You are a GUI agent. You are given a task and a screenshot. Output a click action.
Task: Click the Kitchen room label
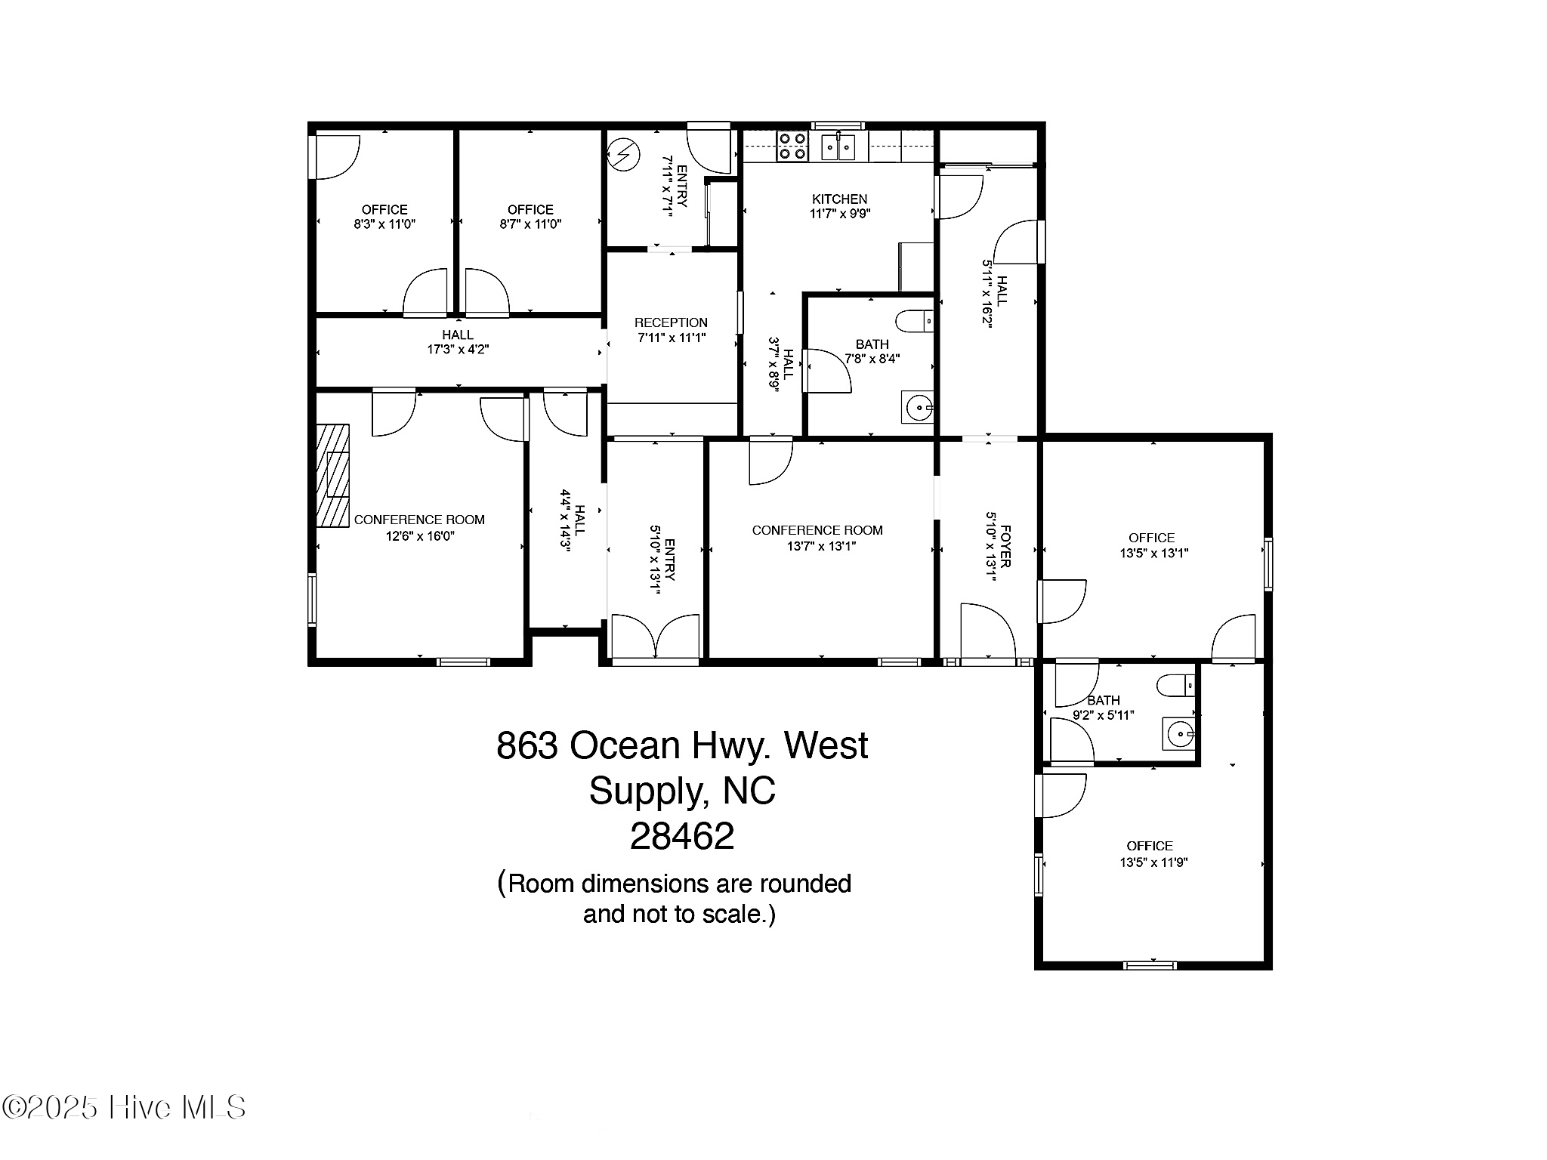click(x=839, y=199)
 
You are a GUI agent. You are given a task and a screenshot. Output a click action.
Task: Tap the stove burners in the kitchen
click(x=792, y=146)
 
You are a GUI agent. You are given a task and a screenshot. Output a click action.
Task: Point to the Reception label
click(x=671, y=323)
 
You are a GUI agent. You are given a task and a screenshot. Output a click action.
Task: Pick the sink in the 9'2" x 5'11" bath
click(x=1179, y=733)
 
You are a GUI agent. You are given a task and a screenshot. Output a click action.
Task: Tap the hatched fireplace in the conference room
click(x=332, y=475)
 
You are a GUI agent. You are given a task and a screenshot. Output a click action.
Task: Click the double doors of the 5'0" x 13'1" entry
click(x=656, y=638)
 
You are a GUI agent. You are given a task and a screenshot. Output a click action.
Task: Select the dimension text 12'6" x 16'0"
click(x=420, y=536)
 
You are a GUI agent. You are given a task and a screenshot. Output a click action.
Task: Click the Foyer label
click(x=1005, y=546)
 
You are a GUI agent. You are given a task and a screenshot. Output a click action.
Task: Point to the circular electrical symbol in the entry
click(x=624, y=156)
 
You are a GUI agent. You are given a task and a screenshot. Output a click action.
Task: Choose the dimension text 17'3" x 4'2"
click(x=458, y=350)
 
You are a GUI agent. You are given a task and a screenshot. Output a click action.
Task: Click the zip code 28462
click(x=682, y=836)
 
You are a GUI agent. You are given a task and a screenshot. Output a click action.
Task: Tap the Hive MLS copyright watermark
click(x=124, y=1108)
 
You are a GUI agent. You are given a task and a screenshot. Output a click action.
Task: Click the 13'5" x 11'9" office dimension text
click(x=1153, y=862)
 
